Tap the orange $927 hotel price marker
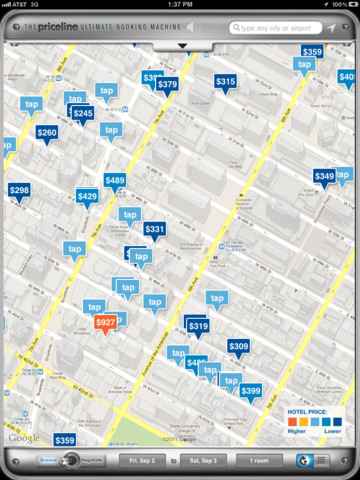105,323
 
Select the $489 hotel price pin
115,181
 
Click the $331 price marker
154,229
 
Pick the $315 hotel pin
225,82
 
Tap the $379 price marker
167,85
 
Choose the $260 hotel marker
46,132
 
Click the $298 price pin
19,189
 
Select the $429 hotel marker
87,196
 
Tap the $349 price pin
324,176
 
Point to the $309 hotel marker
238,346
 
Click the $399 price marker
250,390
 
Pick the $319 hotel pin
198,326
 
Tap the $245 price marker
83,114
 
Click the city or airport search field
274,28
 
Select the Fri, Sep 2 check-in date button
140,460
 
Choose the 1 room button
259,460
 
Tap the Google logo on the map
25,437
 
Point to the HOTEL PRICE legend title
311,412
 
